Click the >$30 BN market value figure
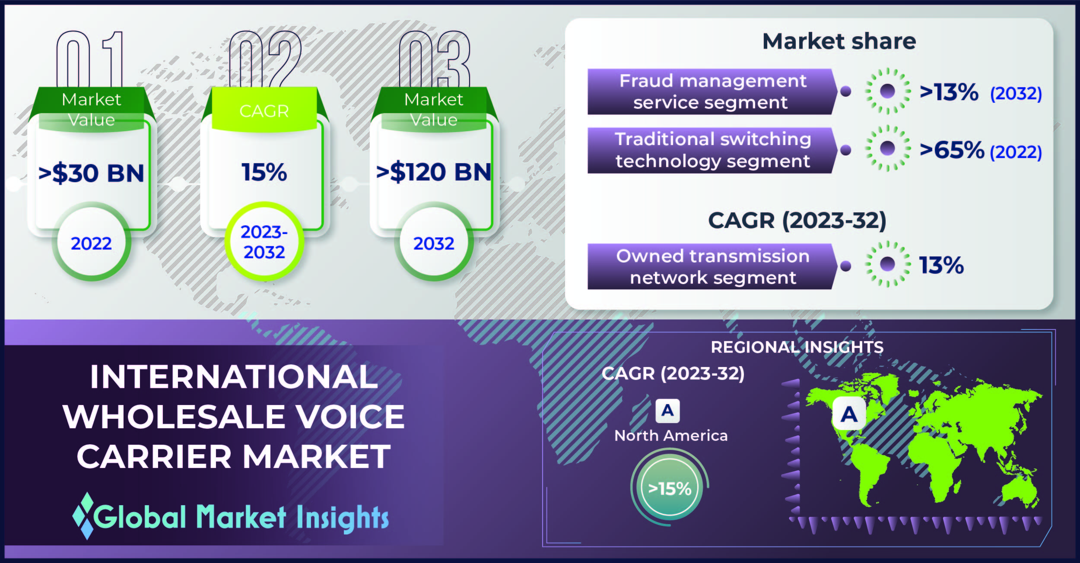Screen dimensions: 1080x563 (x=91, y=173)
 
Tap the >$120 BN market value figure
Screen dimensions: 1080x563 (x=434, y=172)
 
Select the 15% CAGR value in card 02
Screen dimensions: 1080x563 (x=264, y=172)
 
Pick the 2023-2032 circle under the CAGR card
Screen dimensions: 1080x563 (x=264, y=242)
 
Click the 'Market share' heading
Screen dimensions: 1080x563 (x=839, y=41)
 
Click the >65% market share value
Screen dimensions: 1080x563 (x=952, y=150)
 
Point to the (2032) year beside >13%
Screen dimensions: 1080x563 (x=1016, y=93)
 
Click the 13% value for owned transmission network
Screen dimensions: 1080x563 (x=941, y=265)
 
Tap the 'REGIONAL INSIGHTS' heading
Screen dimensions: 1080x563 (x=797, y=347)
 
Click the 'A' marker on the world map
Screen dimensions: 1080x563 (x=849, y=414)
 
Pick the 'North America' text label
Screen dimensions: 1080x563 (x=671, y=436)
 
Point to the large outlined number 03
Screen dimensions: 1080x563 (x=434, y=60)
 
